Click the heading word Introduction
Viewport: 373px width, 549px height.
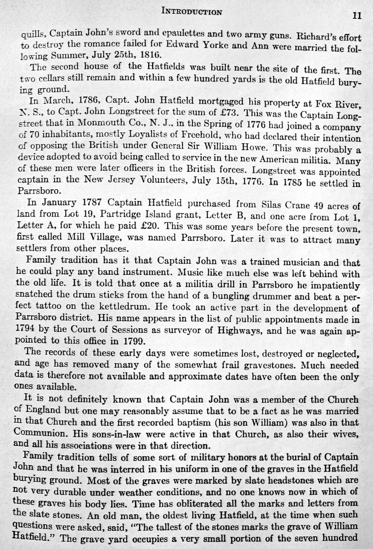coord(191,11)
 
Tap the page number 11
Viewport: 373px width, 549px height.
coord(356,16)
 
